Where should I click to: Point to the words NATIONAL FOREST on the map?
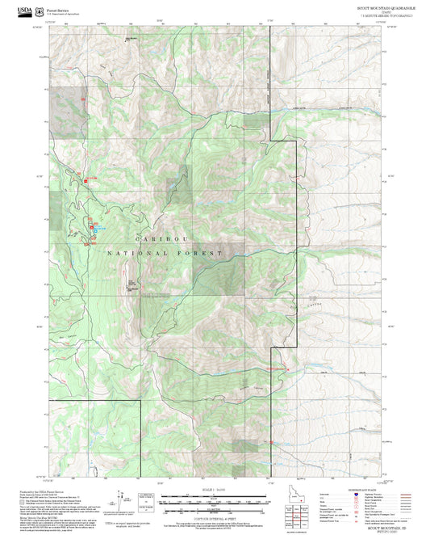point(164,254)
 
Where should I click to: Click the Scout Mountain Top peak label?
point(131,284)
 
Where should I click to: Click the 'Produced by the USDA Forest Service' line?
point(40,490)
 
